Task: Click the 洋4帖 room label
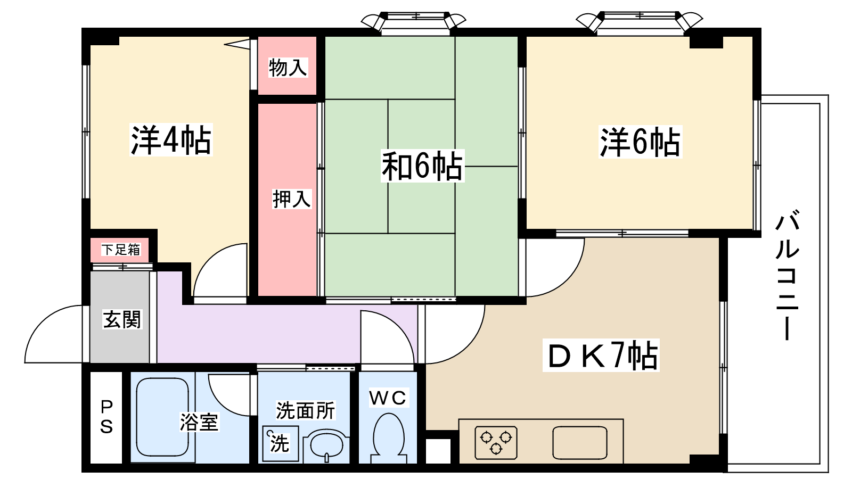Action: pos(171,140)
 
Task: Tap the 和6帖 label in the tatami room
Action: pos(423,166)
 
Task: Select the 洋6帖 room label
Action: pos(640,142)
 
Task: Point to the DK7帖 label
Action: pos(601,356)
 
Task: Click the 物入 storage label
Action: pos(288,68)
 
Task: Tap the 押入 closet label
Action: pos(292,199)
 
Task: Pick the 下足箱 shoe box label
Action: pos(121,250)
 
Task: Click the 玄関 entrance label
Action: pos(122,319)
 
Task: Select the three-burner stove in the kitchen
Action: pos(496,442)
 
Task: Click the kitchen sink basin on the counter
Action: pos(580,442)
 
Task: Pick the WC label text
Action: pos(388,398)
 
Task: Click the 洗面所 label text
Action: pos(306,410)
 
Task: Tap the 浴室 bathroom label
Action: pos(199,423)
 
